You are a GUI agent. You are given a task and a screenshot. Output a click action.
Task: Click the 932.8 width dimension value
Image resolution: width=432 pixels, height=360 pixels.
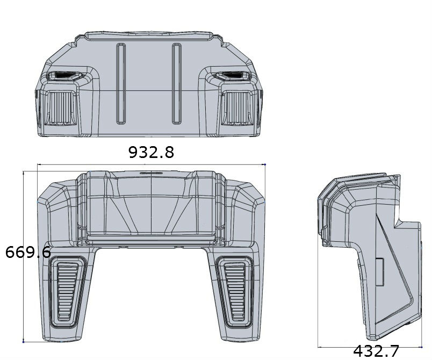click(x=152, y=152)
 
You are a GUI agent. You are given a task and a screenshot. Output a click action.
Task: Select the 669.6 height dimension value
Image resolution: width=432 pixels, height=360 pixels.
click(x=28, y=252)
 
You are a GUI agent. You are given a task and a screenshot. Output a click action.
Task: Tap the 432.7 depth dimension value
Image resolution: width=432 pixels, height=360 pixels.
click(x=376, y=351)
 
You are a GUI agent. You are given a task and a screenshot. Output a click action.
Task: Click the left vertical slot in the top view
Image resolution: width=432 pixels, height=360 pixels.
click(x=121, y=83)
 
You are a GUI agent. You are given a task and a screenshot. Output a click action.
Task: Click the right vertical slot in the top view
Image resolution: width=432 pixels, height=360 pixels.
click(x=177, y=83)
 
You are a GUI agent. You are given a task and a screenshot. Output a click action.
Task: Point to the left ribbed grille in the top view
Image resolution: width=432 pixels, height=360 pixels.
click(x=61, y=107)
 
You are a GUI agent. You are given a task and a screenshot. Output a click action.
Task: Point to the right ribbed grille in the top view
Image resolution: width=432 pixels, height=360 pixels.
click(x=237, y=107)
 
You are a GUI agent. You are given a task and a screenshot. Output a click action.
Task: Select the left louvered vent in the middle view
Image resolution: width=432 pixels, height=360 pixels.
click(x=67, y=292)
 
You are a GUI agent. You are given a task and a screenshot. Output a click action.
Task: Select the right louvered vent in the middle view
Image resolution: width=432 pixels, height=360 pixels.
click(x=235, y=292)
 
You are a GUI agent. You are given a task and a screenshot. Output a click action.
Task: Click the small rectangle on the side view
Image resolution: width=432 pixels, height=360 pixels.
click(x=380, y=272)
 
